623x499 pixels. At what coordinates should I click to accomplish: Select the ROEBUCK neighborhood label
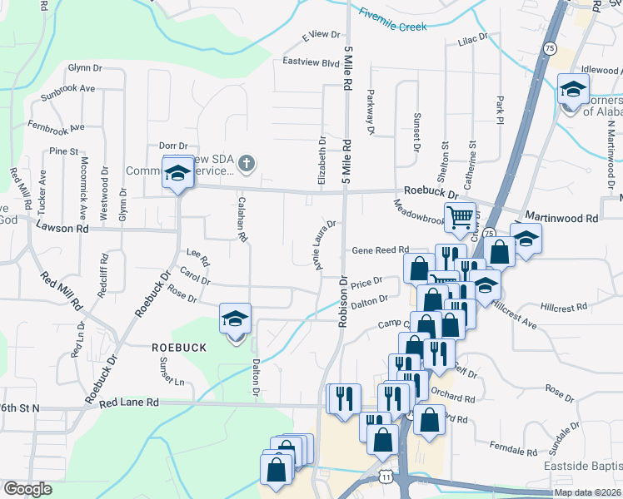[x=178, y=347]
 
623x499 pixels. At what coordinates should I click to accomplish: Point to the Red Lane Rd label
[x=128, y=403]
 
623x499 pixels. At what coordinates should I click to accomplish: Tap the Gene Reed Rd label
[x=380, y=249]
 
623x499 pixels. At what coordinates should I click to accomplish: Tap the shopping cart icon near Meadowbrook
[x=460, y=218]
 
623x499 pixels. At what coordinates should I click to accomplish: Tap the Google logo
[x=27, y=489]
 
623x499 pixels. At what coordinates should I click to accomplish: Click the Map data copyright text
[x=587, y=492]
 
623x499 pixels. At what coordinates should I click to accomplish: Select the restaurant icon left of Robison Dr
[x=343, y=398]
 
